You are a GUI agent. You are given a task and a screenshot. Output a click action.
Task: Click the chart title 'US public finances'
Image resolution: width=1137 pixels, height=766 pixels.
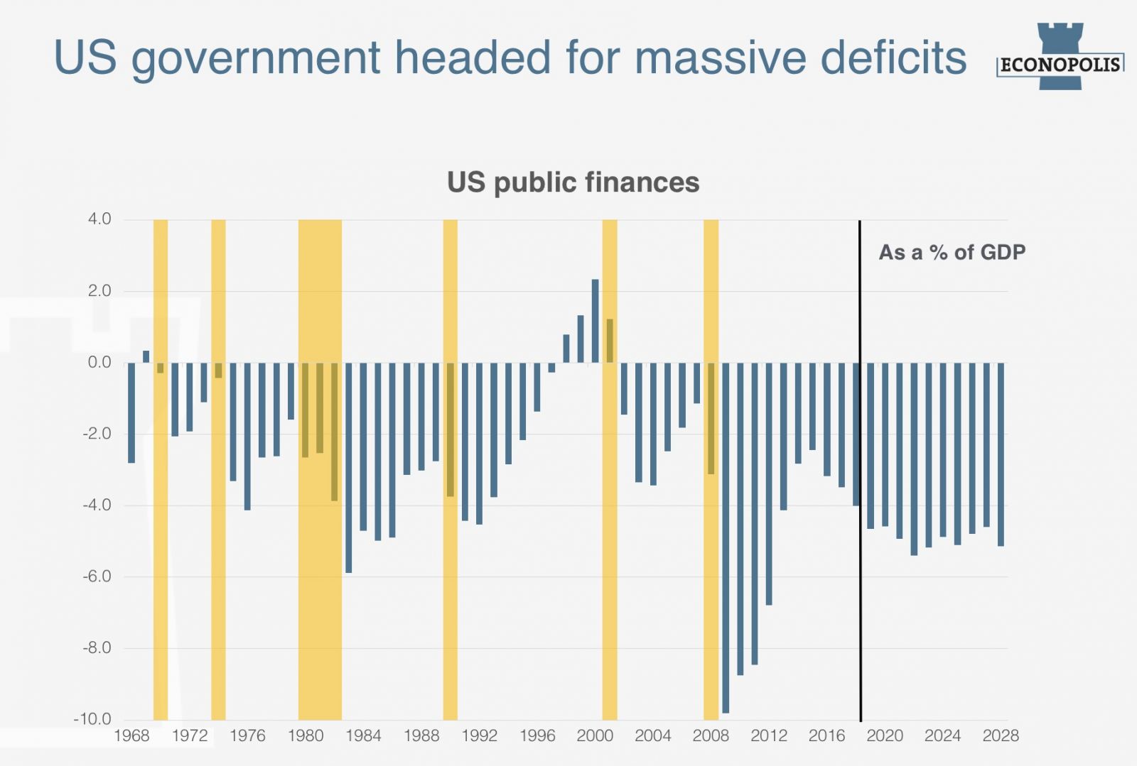[573, 182]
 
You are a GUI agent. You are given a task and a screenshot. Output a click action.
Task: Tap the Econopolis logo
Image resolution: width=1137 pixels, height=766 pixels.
[1060, 58]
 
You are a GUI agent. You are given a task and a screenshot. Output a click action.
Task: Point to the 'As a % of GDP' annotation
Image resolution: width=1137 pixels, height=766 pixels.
[952, 252]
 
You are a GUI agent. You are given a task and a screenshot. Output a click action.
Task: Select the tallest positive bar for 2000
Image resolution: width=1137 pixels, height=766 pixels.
[596, 321]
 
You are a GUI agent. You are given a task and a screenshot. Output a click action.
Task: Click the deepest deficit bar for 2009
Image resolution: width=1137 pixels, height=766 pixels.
[726, 537]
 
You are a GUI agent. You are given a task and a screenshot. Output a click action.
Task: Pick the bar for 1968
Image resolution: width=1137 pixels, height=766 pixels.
[131, 412]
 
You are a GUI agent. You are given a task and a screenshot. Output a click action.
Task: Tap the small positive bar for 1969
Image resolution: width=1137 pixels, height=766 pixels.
[146, 356]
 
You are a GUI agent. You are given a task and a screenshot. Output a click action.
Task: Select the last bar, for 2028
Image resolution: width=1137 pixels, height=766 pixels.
[1001, 454]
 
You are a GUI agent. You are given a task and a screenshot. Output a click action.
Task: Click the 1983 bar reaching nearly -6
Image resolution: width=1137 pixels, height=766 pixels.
[349, 467]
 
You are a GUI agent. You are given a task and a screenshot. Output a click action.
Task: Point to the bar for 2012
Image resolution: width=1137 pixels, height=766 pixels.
[769, 483]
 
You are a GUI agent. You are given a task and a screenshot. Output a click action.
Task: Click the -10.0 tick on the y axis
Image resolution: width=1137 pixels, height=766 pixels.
[92, 719]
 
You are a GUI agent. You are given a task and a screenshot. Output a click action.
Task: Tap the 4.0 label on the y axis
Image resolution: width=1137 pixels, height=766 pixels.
[99, 219]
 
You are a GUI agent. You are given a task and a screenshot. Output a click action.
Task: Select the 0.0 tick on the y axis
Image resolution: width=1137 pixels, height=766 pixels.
[99, 362]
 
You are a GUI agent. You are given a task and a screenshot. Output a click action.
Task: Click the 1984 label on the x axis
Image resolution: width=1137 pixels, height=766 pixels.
[363, 736]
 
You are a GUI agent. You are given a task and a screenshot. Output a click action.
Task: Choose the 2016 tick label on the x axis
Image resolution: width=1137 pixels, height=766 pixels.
[826, 736]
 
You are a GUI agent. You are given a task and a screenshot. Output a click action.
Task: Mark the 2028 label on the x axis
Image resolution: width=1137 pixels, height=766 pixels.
[1001, 736]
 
